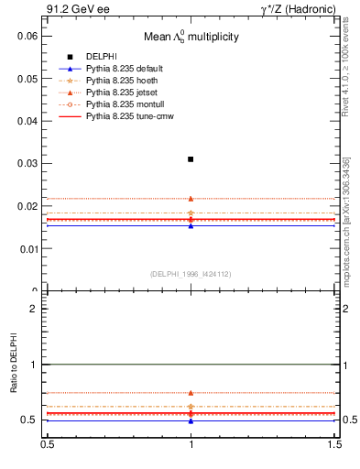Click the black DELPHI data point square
tap(191, 159)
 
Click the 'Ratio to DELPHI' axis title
tap(14, 364)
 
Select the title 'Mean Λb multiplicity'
tap(191, 38)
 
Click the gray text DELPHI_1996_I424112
tap(191, 274)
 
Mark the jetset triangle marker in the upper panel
tap(191, 198)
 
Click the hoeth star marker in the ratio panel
tap(191, 406)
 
